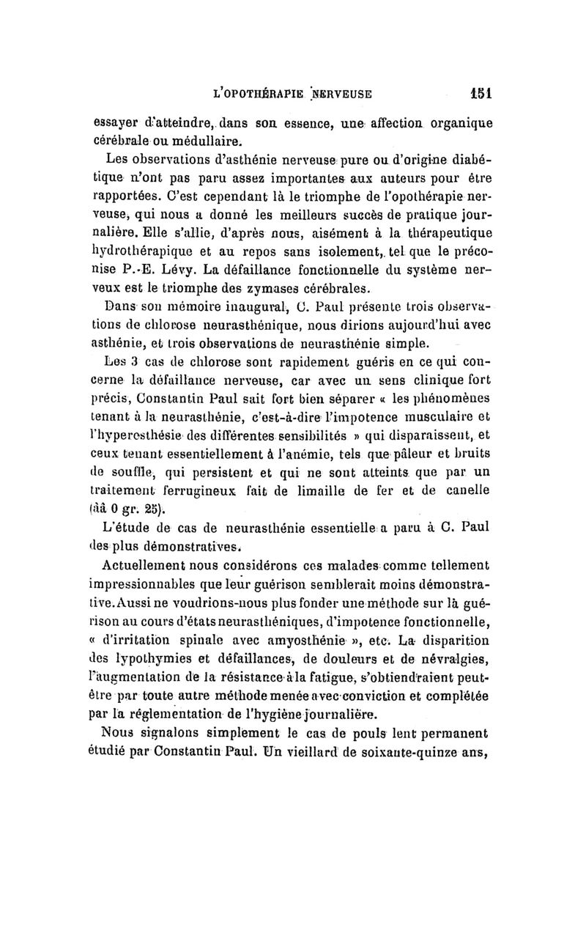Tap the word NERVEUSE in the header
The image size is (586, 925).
[340, 94]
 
